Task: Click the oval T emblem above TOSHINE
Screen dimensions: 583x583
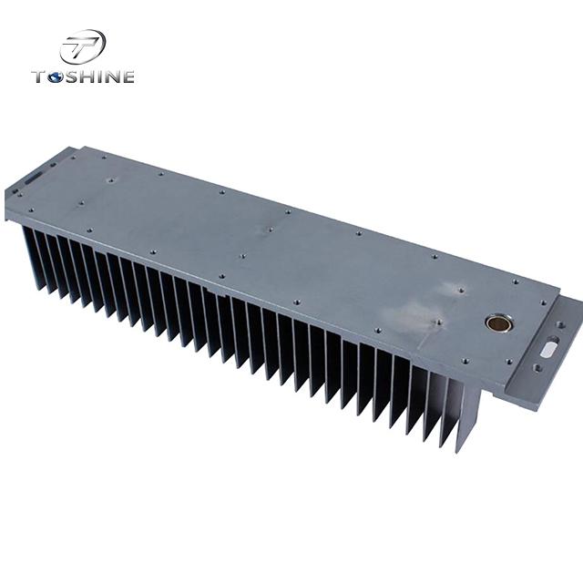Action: coord(83,46)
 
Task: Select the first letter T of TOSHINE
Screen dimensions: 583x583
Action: coord(40,77)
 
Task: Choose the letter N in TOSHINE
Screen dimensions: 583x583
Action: coord(115,77)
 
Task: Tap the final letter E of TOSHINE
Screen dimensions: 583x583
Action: coord(128,77)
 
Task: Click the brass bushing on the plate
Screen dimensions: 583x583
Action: coord(498,322)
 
